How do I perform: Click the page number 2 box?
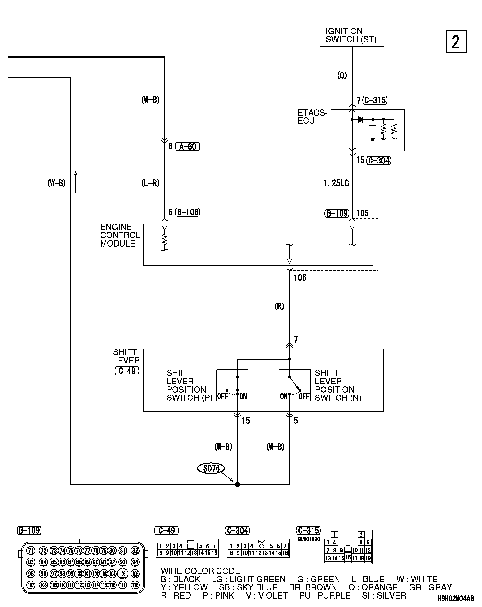coord(456,42)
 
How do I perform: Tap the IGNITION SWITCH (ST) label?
coord(351,35)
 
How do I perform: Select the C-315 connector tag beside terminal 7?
coord(375,100)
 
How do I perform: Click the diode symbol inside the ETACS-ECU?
coord(361,119)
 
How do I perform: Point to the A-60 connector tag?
coord(188,146)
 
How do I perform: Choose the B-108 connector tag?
coord(188,212)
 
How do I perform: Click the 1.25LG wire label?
coord(336,183)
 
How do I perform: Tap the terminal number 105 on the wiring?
coord(362,213)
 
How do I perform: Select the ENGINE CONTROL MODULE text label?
coord(120,235)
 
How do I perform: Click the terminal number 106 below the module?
coord(300,278)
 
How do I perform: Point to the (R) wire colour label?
coord(279,306)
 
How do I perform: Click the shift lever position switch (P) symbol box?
coord(232,385)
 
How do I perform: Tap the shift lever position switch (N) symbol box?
coord(295,385)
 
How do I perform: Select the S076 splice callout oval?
coord(211,468)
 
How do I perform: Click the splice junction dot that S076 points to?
coord(237,485)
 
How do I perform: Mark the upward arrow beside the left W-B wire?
coord(76,182)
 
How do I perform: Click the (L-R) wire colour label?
coord(150,183)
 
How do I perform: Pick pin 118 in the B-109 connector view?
coord(135,585)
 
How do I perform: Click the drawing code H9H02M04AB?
coord(456,599)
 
